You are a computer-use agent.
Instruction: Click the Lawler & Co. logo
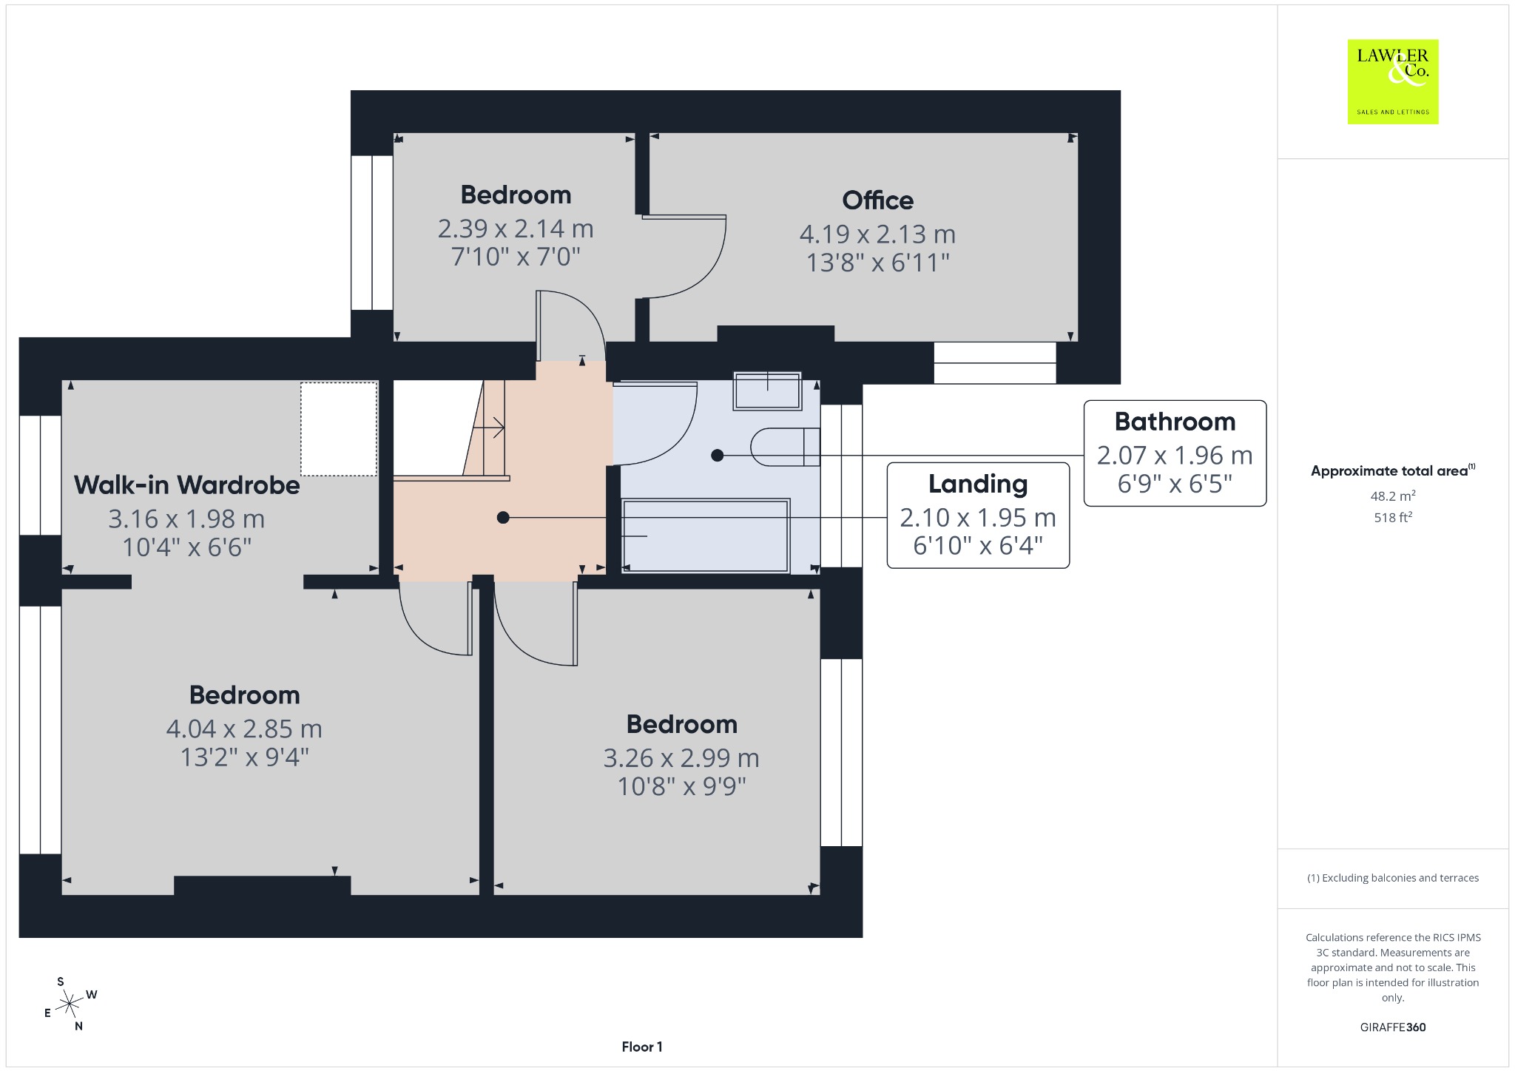[1393, 81]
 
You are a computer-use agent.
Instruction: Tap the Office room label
[877, 200]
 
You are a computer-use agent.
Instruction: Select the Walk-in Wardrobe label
[187, 485]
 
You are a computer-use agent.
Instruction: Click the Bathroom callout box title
[1175, 422]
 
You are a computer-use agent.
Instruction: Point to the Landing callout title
[978, 484]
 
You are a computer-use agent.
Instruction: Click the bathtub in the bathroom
[706, 535]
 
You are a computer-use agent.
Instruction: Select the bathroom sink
[767, 391]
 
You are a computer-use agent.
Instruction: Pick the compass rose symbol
[69, 1004]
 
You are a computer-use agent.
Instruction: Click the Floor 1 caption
[642, 1047]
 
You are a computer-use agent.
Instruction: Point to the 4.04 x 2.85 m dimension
[244, 729]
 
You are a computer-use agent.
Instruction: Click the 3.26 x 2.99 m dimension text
[681, 758]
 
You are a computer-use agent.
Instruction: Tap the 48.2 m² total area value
[1393, 496]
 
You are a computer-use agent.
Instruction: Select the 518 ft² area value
[1393, 518]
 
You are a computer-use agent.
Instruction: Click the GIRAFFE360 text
[1393, 1027]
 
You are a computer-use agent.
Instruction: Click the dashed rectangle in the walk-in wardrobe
[339, 429]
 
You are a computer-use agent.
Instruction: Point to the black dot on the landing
[503, 518]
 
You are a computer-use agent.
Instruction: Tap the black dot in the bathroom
[717, 456]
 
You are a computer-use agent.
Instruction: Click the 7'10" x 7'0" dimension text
[516, 257]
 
